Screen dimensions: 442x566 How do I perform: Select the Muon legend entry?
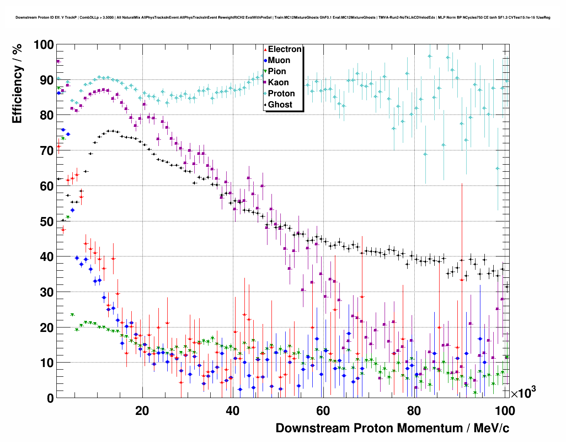(x=279, y=60)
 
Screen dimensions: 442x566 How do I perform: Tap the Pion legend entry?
(x=277, y=71)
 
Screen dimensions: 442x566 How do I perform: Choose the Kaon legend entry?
(x=278, y=83)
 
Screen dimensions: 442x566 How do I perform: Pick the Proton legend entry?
(x=281, y=94)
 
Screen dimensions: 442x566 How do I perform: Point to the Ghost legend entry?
(x=280, y=105)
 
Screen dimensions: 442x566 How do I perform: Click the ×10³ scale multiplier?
(x=523, y=393)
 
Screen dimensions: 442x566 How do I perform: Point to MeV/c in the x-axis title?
(x=491, y=428)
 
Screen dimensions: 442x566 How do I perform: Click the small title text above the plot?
(x=283, y=17)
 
